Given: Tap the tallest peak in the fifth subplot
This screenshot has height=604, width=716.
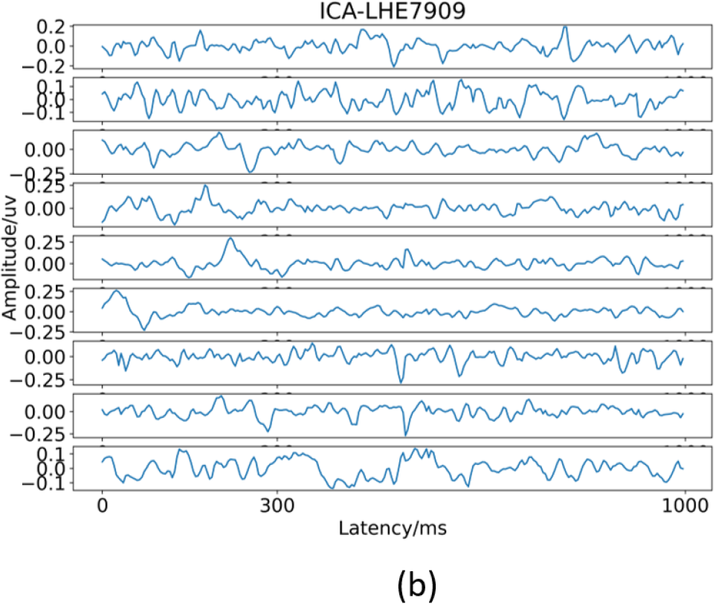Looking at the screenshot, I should point(230,238).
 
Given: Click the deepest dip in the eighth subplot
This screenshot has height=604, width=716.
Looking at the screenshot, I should point(405,435).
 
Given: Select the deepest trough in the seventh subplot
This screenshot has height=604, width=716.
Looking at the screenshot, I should point(401,383).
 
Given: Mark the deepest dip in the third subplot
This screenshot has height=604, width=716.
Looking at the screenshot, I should point(250,173).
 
